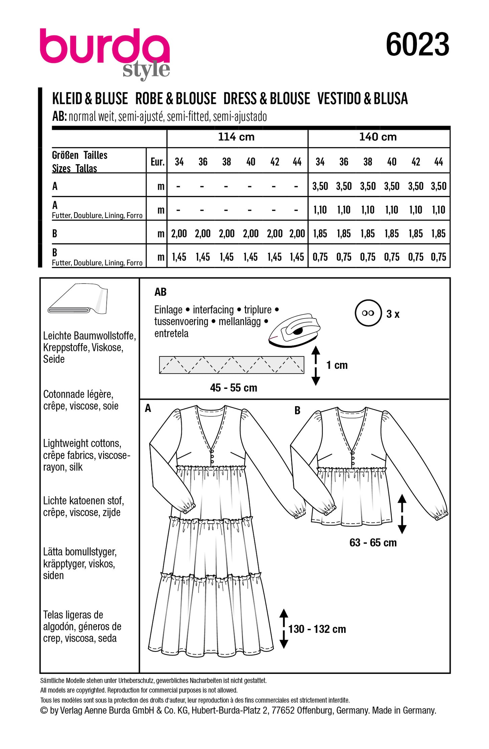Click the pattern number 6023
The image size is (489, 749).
[417, 45]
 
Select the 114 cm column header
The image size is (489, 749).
[236, 137]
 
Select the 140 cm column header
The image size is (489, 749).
[378, 137]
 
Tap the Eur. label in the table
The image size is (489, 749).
[157, 162]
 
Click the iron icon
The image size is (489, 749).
[294, 330]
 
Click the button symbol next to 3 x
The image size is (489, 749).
[368, 313]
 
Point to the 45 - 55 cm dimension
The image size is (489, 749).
[234, 388]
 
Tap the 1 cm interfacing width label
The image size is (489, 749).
[337, 365]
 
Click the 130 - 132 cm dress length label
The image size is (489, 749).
[317, 629]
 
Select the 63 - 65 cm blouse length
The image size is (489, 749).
[373, 543]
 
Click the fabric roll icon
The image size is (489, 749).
[78, 299]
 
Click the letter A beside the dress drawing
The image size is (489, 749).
[148, 409]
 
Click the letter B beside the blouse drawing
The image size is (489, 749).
[297, 411]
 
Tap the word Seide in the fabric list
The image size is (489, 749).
[54, 359]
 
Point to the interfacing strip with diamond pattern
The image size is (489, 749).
[231, 365]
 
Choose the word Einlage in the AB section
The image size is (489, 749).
[168, 310]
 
